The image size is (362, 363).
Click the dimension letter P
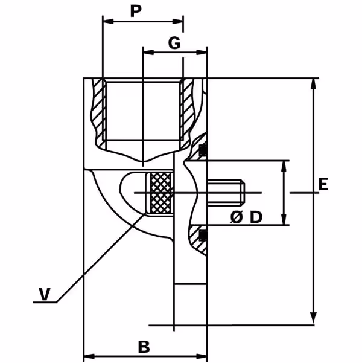click(x=136, y=11)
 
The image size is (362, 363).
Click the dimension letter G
click(x=174, y=43)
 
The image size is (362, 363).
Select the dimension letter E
click(x=323, y=184)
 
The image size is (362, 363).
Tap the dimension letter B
click(x=144, y=347)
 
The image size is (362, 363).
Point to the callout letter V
click(x=45, y=294)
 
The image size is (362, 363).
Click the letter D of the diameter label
click(x=256, y=217)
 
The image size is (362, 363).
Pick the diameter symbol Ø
click(x=237, y=217)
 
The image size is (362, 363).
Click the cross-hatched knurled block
click(x=160, y=193)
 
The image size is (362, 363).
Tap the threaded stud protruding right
click(x=226, y=193)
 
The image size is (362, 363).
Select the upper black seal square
click(x=203, y=149)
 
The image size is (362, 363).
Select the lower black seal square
click(x=203, y=235)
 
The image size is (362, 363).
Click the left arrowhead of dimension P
click(x=108, y=22)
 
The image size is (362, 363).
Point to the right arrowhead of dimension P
click(x=177, y=22)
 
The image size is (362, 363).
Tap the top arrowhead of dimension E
click(x=313, y=84)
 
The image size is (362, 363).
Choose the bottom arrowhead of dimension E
click(x=313, y=318)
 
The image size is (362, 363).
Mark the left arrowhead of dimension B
click(x=89, y=356)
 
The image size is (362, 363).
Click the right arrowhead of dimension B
click(x=202, y=356)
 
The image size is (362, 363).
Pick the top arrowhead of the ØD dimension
click(x=284, y=166)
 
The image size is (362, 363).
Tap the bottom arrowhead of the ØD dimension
click(x=284, y=219)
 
